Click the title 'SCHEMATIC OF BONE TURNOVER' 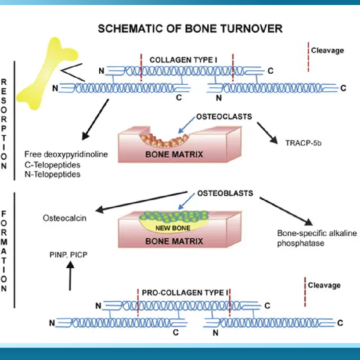point(190,29)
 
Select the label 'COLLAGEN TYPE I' point(183,60)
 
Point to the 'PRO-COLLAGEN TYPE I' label point(185,292)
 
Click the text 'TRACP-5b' point(303,143)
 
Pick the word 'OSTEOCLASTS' point(224,117)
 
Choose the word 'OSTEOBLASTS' point(225,193)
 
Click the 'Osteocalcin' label point(64,218)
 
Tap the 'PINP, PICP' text point(68,255)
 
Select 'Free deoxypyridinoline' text point(66,154)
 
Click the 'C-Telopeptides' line point(52,165)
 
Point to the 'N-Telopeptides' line point(52,174)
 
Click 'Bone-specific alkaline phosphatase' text point(317,238)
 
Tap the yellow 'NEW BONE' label point(173,228)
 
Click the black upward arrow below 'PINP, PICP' point(70,276)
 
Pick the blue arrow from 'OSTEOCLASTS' point(186,125)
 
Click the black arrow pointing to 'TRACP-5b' point(267,133)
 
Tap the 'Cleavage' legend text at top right point(327,50)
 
